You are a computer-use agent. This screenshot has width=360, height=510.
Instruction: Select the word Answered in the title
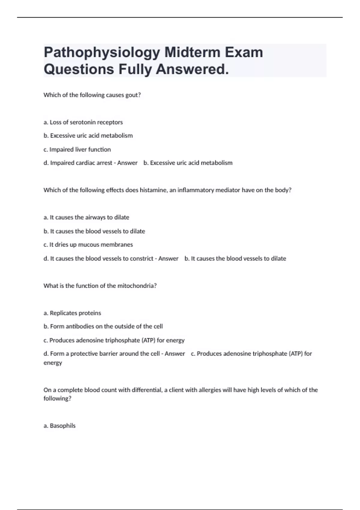[192, 69]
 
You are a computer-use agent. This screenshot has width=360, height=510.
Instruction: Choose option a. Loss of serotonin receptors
[83, 122]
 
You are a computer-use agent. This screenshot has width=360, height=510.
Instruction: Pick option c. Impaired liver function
[77, 149]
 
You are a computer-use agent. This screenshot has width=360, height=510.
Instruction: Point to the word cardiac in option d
[88, 163]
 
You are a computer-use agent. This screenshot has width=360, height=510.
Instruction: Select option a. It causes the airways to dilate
[86, 217]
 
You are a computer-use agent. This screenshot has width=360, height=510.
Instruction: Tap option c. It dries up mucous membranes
[88, 245]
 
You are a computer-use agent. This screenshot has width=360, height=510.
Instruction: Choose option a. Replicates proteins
[72, 313]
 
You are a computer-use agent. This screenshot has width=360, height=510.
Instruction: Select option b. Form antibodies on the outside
[103, 326]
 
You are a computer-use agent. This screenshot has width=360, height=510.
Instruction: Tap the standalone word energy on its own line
[53, 363]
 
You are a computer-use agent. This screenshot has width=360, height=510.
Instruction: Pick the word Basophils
[62, 426]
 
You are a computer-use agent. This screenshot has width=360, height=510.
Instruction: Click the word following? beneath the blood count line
[57, 399]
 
